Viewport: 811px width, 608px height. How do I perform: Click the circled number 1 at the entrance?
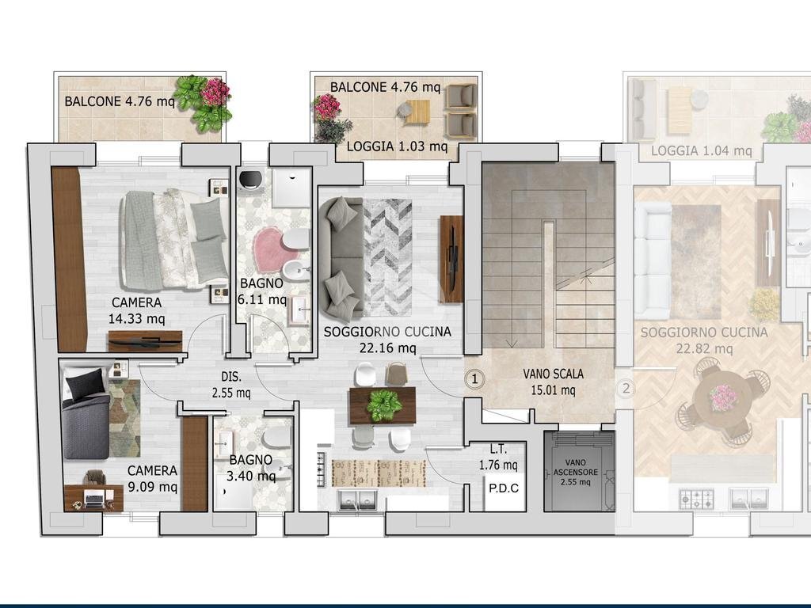474,379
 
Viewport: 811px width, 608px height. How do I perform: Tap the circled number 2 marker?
626,388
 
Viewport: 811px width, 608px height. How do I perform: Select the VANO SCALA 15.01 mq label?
553,382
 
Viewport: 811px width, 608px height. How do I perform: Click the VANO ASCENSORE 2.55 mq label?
576,472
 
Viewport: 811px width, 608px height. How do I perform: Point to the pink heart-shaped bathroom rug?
275,249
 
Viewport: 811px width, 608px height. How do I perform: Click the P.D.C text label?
503,488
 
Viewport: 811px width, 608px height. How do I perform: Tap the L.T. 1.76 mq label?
498,457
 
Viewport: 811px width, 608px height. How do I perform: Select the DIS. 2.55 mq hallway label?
231,385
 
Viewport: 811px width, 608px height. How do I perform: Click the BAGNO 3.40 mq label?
251,467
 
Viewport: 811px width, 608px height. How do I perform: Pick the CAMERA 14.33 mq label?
136,310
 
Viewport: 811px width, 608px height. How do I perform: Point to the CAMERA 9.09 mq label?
152,478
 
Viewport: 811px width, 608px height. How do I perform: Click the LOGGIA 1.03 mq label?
397,146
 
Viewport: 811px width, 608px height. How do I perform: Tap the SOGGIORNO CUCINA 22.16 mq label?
387,340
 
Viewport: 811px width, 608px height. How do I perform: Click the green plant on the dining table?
383,405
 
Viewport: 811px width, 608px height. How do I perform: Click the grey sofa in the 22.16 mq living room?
341,257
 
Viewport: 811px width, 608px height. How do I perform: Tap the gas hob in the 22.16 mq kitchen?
322,469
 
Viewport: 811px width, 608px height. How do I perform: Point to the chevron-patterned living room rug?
387,257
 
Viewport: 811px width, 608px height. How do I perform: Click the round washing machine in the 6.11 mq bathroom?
251,180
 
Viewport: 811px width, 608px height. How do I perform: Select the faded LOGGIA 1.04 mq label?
702,151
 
